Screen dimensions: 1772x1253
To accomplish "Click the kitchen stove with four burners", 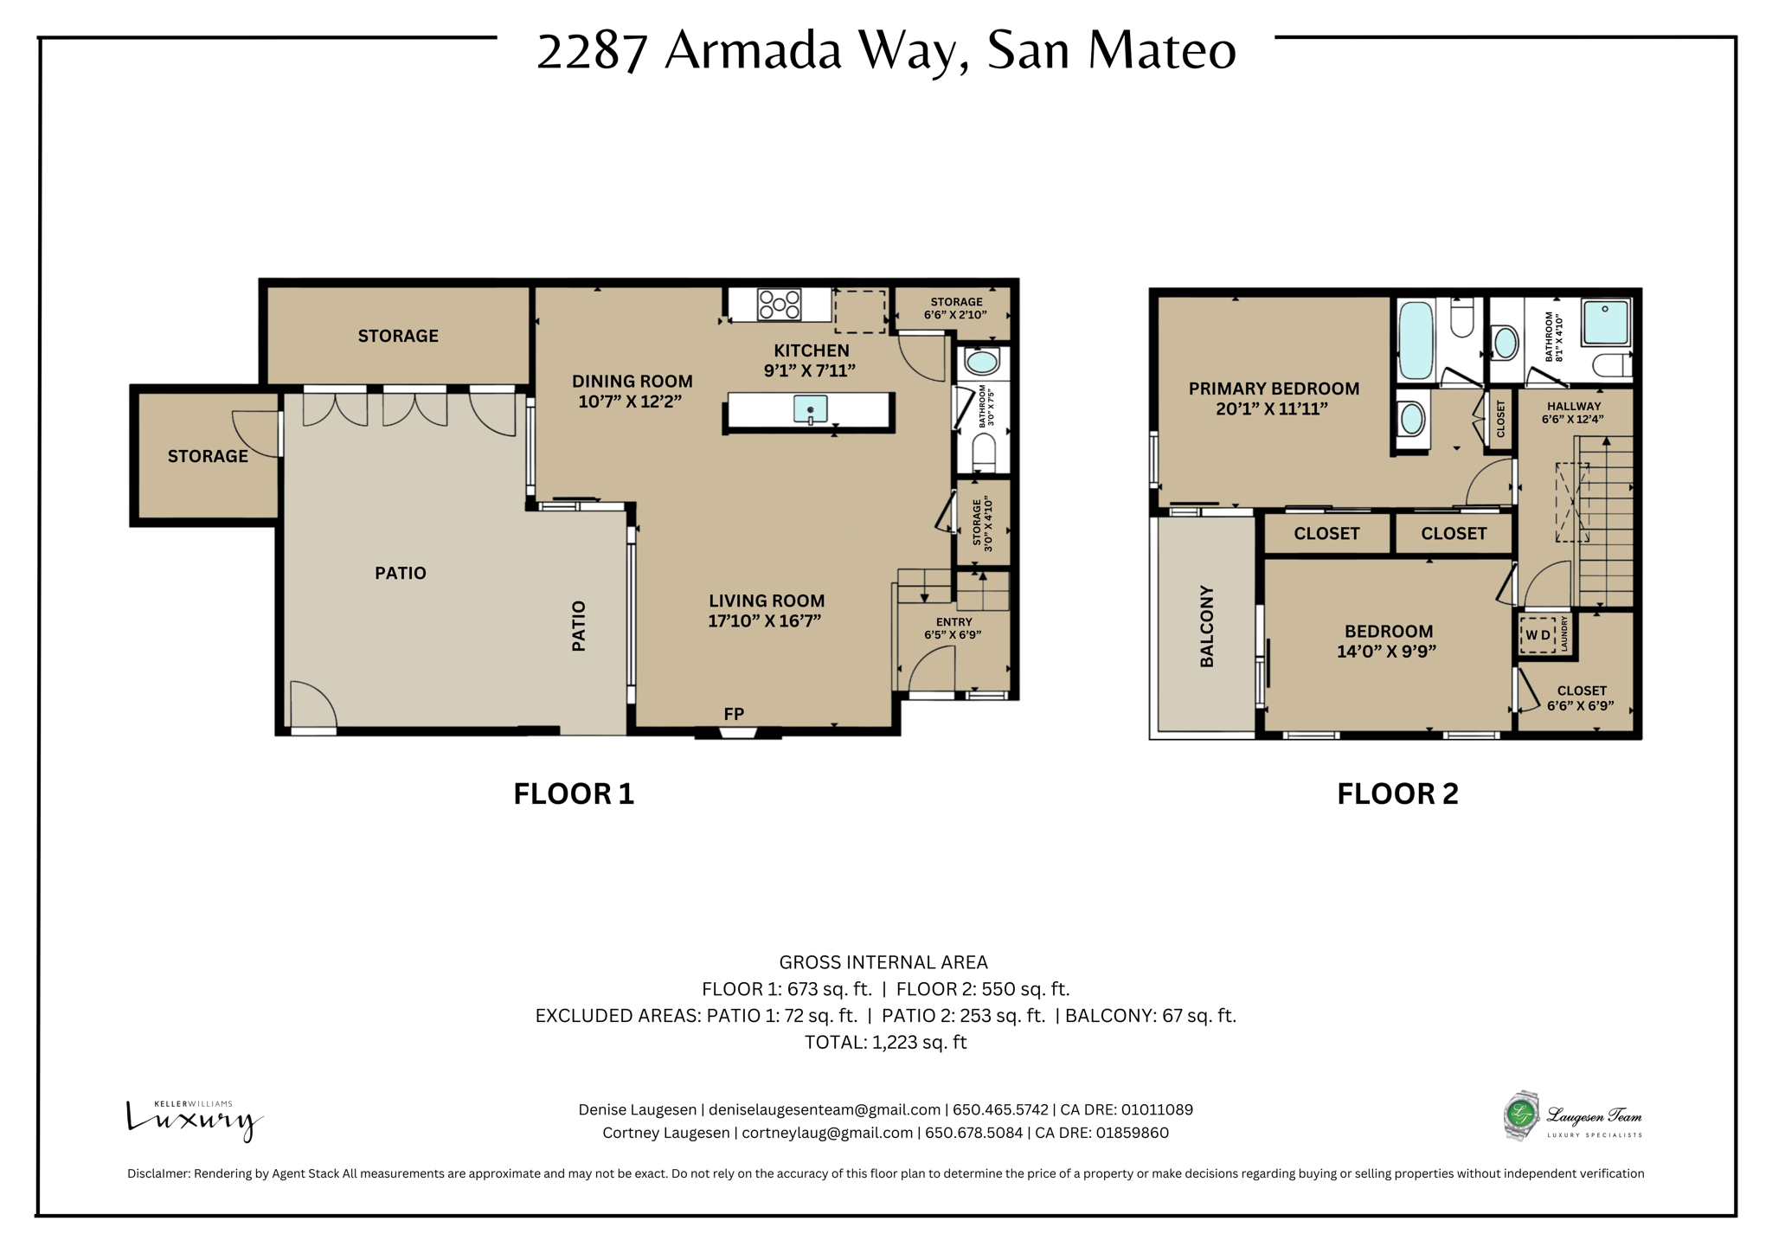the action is [779, 305].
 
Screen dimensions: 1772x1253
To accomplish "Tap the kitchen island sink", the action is [810, 409].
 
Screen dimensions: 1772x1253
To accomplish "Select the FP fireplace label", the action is [734, 714].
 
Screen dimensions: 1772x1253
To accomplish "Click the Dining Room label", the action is [632, 381].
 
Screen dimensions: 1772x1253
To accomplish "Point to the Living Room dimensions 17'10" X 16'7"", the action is [765, 620].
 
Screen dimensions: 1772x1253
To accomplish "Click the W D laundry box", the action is [1538, 635].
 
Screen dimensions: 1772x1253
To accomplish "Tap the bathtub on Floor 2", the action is [1416, 340].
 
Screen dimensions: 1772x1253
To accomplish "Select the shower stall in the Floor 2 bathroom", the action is [1606, 323].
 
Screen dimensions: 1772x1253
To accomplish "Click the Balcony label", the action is [1207, 626].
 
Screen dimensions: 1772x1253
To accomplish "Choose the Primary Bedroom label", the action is [1274, 389].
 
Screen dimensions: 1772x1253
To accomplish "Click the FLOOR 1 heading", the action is [574, 794].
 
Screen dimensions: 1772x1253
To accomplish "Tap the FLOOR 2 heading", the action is [1397, 794].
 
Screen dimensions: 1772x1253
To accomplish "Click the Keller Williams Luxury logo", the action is [195, 1121].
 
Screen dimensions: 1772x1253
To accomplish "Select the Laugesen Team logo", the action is [1572, 1116].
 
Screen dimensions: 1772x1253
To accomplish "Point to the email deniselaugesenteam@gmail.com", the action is [825, 1109].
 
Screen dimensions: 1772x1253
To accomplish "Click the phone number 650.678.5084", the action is [974, 1133].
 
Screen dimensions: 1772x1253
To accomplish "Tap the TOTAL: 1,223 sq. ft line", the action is [885, 1042].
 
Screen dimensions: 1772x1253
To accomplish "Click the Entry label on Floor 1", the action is [954, 622].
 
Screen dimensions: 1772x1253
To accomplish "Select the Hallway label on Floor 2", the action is [1574, 406].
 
